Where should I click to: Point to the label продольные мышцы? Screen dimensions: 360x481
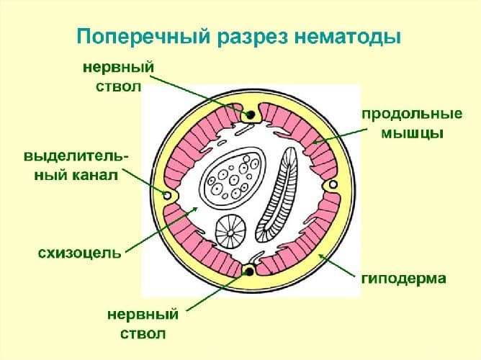tap(402, 124)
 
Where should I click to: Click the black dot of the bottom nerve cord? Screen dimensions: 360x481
tap(250, 271)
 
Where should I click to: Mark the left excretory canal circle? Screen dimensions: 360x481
tap(168, 195)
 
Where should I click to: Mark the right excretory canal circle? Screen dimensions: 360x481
tap(332, 186)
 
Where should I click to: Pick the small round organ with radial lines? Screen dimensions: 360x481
tap(231, 230)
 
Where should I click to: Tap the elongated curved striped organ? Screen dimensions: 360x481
tap(279, 194)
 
